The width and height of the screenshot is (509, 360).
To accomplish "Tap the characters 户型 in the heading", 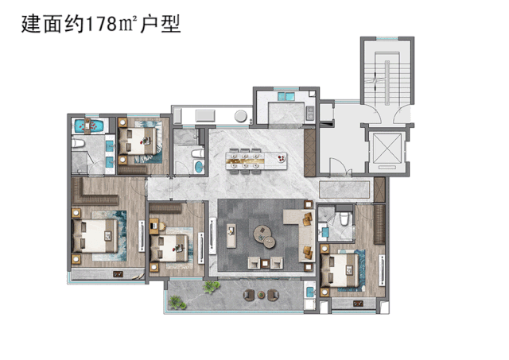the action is tap(161, 24).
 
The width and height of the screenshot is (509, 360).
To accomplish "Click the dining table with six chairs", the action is tap(256, 161).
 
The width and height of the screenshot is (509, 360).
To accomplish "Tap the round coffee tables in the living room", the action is tap(265, 237).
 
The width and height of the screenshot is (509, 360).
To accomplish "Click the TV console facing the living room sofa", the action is tap(231, 235).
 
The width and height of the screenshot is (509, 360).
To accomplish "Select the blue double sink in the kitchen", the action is tap(286, 96).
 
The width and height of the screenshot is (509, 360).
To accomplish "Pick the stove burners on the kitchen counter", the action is tap(310, 113).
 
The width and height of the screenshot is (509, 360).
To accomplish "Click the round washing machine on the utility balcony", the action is tap(241, 116).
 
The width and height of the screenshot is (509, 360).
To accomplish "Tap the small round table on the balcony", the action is tap(262, 295).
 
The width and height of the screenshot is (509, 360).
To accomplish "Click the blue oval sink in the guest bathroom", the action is tap(198, 166).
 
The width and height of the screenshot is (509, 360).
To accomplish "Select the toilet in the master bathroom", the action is tap(78, 143).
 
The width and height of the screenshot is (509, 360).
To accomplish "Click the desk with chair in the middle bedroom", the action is tap(157, 226).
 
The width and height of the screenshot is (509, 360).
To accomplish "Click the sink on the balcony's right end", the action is tap(311, 292).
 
